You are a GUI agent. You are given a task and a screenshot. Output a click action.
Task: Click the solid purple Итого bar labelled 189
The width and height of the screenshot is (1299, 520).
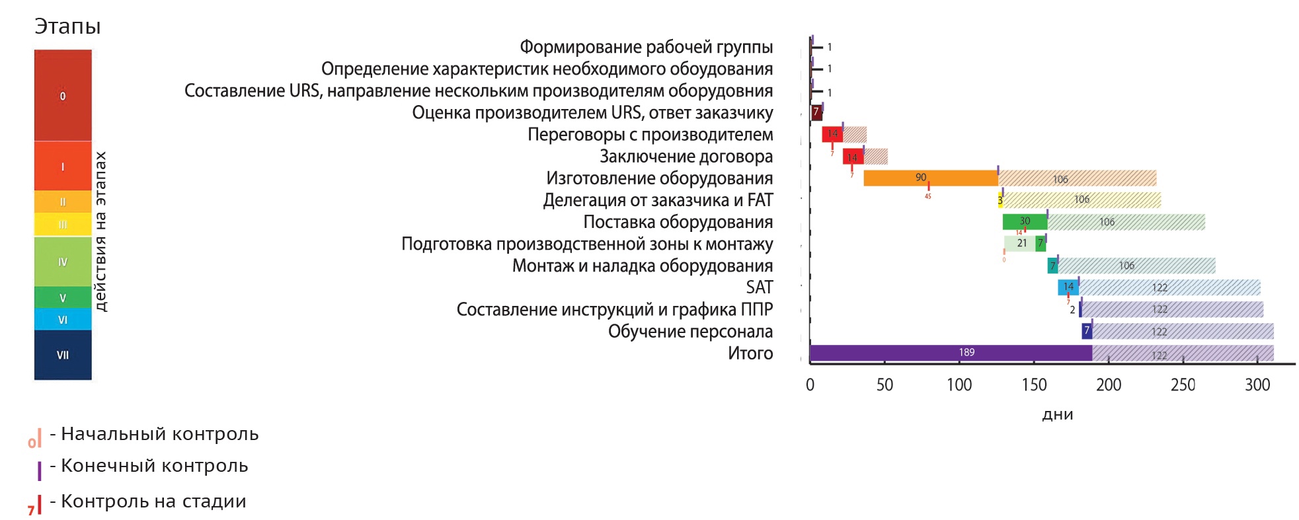pyautogui.click(x=950, y=353)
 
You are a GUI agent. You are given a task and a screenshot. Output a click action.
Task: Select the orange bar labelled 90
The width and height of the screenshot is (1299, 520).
pyautogui.click(x=930, y=178)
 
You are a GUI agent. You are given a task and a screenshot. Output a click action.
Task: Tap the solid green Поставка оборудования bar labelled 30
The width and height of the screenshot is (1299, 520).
pyautogui.click(x=1024, y=221)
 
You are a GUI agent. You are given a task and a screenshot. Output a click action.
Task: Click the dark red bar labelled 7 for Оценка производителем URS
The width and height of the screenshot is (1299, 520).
pyautogui.click(x=816, y=112)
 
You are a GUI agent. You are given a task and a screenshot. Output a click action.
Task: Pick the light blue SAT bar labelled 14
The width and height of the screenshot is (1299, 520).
pyautogui.click(x=1068, y=287)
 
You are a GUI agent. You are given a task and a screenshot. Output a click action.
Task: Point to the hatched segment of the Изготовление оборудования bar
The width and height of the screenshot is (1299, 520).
pyautogui.click(x=1077, y=178)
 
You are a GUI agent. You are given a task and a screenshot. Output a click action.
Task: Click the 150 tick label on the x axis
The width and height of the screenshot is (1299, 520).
pyautogui.click(x=1034, y=385)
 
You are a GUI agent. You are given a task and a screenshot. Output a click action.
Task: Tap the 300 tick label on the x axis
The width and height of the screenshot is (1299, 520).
pyautogui.click(x=1257, y=385)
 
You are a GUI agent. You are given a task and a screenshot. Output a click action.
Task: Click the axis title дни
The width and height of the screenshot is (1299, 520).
pyautogui.click(x=1057, y=414)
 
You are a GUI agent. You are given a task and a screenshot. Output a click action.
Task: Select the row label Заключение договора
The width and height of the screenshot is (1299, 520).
pyautogui.click(x=686, y=157)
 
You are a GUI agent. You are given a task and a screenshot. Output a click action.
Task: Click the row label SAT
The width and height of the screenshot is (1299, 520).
pyautogui.click(x=759, y=287)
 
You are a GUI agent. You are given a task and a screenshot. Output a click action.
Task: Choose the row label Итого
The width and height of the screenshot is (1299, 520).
pyautogui.click(x=750, y=353)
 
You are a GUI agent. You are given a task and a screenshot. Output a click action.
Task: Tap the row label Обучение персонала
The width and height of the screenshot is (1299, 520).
pyautogui.click(x=689, y=332)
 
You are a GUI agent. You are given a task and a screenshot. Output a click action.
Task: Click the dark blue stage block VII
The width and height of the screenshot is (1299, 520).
pyautogui.click(x=63, y=355)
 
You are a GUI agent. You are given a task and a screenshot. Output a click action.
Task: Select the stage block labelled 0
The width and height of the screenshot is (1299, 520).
pyautogui.click(x=63, y=96)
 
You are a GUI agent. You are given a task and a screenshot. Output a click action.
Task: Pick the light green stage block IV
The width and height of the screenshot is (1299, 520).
pyautogui.click(x=63, y=262)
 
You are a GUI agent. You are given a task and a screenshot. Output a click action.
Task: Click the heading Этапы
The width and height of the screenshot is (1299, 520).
pyautogui.click(x=67, y=26)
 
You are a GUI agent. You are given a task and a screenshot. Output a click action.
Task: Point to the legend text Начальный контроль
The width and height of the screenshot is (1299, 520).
pyautogui.click(x=159, y=434)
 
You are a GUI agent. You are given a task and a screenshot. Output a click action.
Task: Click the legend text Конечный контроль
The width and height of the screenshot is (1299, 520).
pyautogui.click(x=154, y=466)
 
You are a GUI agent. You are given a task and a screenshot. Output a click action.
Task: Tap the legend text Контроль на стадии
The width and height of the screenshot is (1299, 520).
pyautogui.click(x=153, y=501)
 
